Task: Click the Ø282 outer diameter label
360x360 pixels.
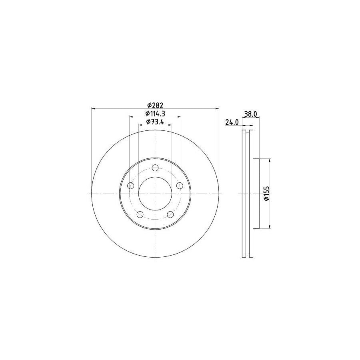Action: (155, 105)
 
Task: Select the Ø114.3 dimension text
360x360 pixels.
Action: (155, 114)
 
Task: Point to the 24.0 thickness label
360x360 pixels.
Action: (232, 122)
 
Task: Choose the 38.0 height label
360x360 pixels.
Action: (250, 114)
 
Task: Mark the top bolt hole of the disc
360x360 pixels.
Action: (156, 168)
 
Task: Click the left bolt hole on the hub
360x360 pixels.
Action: (130, 186)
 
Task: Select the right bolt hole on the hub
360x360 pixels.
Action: (180, 186)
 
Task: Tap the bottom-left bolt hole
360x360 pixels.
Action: (140, 215)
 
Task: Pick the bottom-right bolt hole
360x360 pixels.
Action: (171, 215)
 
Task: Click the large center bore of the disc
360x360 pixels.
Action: (155, 194)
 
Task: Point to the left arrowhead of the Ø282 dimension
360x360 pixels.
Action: (94, 108)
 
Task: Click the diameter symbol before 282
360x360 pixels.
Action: (149, 105)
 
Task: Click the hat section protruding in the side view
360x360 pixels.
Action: (256, 194)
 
